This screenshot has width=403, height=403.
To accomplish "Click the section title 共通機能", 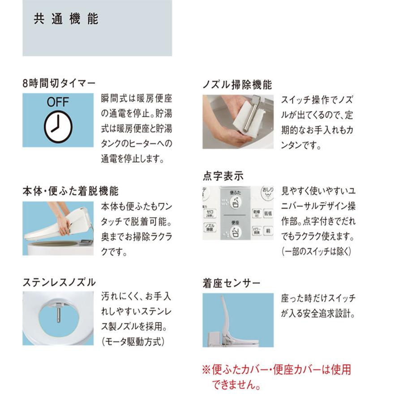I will click(x=66, y=20).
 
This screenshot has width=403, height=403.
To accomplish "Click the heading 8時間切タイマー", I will click(x=59, y=84).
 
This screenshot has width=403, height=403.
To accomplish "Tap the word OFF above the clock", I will click(x=58, y=103).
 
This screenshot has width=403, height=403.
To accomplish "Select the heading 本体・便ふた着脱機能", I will click(x=70, y=191).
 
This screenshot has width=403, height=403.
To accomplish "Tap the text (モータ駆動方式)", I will click(x=133, y=342).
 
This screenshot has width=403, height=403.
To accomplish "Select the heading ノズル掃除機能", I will click(x=237, y=84).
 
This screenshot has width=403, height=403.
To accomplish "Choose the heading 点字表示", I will click(x=223, y=176).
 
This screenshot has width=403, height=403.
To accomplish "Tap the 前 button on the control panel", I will click(x=268, y=231).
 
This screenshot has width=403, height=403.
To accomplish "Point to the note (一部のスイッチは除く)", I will click(x=316, y=251).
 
